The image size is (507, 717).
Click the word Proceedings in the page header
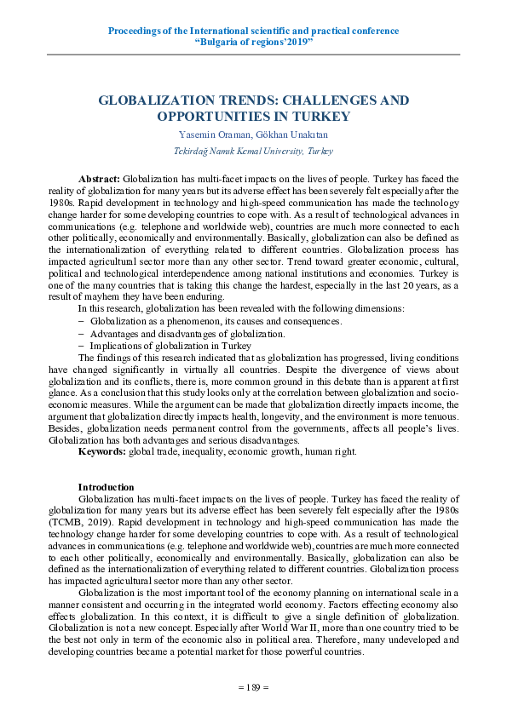click(x=136, y=31)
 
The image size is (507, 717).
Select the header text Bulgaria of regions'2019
click(x=254, y=43)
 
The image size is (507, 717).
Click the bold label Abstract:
click(x=100, y=180)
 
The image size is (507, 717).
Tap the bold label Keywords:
click(x=101, y=451)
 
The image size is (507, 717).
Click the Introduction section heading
click(x=106, y=487)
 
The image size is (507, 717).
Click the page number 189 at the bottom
click(x=253, y=686)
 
